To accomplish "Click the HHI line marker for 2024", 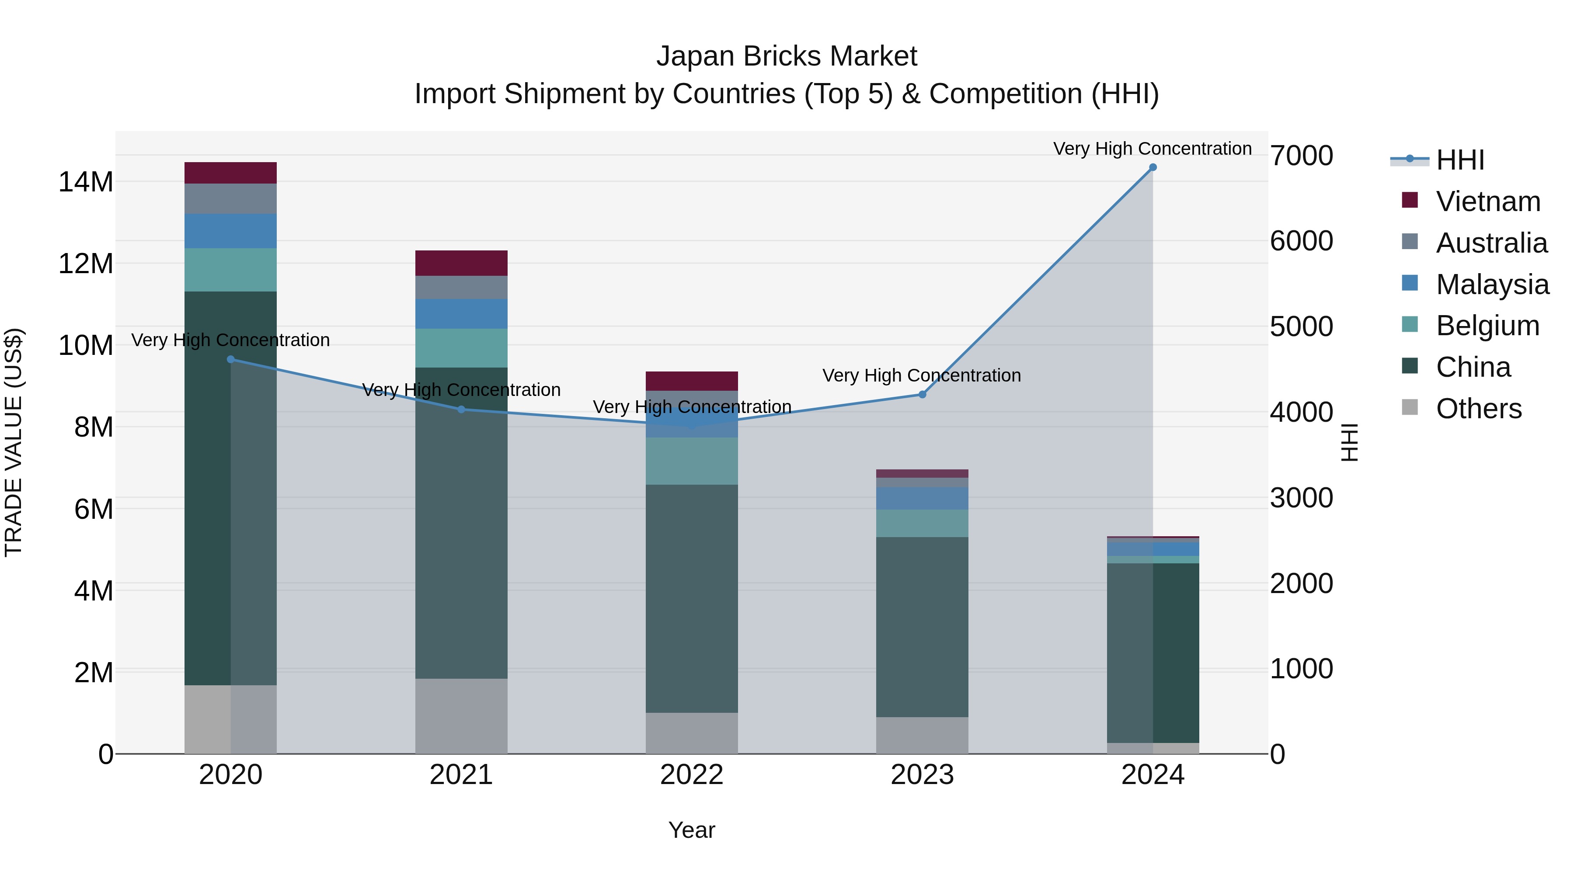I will pos(1153,167).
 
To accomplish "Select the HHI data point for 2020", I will pos(230,360).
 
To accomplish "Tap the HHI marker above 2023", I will pos(922,395).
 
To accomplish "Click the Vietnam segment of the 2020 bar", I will pos(230,173).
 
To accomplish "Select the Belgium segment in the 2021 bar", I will pos(461,348).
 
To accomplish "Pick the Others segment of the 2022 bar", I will pos(692,733).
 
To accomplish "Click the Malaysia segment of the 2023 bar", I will pos(922,498).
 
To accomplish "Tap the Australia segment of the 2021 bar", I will pos(461,288).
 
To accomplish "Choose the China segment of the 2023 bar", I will pos(922,627).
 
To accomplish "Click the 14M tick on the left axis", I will pos(86,182).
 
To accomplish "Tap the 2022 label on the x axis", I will pos(692,775).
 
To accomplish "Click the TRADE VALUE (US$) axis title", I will pos(14,442).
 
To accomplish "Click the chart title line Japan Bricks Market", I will pos(787,56).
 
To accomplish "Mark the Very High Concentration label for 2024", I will pos(1153,149).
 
